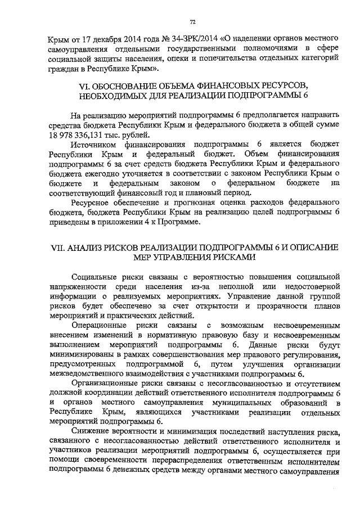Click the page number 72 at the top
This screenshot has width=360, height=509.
(191, 22)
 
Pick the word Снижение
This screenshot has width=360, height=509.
(90, 432)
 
